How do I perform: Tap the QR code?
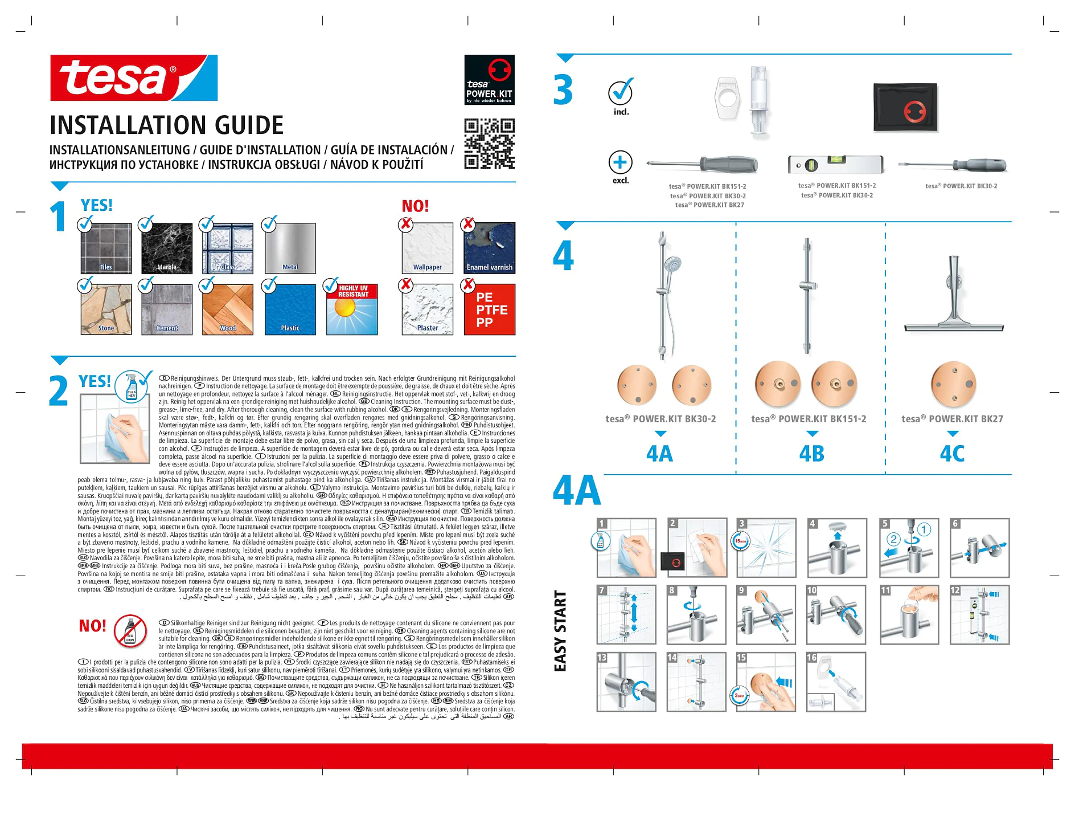[x=489, y=144]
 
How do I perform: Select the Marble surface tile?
[x=166, y=248]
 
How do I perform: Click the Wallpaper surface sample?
[x=427, y=248]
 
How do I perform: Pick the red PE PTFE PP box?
[x=490, y=309]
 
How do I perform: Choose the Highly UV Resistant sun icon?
[x=351, y=309]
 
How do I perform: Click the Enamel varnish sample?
[x=490, y=248]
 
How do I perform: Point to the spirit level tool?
[x=836, y=165]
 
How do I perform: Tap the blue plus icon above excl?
[x=620, y=162]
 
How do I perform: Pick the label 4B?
[x=811, y=454]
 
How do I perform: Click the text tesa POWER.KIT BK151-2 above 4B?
[x=809, y=419]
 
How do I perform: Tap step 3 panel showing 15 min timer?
[x=766, y=548]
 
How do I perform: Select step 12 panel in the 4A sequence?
[x=979, y=615]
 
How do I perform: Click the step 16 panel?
[x=836, y=682]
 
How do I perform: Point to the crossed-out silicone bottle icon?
[x=130, y=631]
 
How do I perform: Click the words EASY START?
[x=560, y=631]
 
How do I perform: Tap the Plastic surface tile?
[x=290, y=309]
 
